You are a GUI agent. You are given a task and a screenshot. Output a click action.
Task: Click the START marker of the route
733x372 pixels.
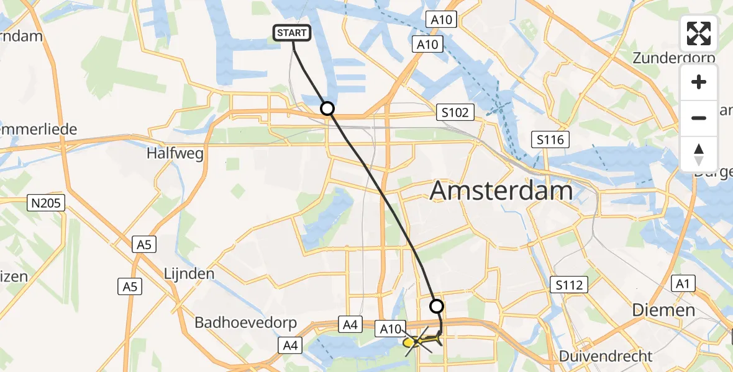tap(292, 33)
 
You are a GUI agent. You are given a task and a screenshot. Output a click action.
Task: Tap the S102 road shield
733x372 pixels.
tap(455, 113)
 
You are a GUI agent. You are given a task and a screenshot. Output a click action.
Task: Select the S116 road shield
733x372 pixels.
tap(551, 139)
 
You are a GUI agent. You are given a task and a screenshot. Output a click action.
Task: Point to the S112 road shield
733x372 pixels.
tap(569, 285)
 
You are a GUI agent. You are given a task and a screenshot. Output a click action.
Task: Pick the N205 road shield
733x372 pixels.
tap(47, 203)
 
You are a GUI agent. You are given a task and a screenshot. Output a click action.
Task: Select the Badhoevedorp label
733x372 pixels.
tap(245, 323)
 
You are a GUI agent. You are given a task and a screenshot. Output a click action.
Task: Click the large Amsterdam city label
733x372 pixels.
tap(501, 191)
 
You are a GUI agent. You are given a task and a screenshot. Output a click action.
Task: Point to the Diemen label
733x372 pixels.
tap(663, 310)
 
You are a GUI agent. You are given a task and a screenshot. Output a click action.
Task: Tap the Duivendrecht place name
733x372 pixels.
tap(606, 356)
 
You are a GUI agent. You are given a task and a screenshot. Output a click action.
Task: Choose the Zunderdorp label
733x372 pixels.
tap(674, 58)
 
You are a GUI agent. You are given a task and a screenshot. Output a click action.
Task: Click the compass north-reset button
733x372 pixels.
tap(699, 154)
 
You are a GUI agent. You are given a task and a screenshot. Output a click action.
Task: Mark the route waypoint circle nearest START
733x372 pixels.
tap(327, 109)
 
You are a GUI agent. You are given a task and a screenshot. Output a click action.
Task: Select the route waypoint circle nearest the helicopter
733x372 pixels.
tap(437, 306)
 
